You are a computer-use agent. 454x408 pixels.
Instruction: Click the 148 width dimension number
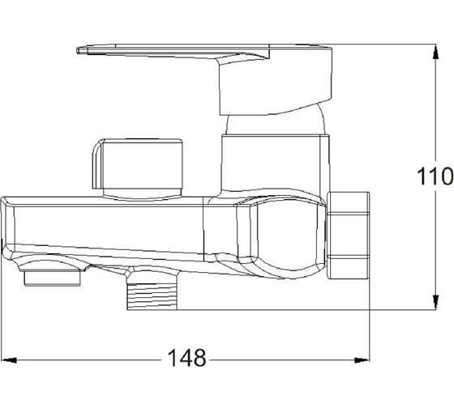[186, 358]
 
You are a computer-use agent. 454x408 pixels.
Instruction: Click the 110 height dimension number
[435, 176]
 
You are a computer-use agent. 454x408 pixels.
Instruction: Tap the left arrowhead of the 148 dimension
[9, 360]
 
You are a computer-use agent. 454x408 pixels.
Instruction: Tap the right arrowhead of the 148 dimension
[362, 360]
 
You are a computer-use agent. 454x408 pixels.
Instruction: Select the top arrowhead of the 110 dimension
[435, 52]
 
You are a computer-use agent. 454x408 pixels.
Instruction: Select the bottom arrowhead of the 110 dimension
[435, 302]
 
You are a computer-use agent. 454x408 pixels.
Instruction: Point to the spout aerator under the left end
[52, 278]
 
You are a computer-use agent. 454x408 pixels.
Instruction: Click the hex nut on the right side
[349, 235]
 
